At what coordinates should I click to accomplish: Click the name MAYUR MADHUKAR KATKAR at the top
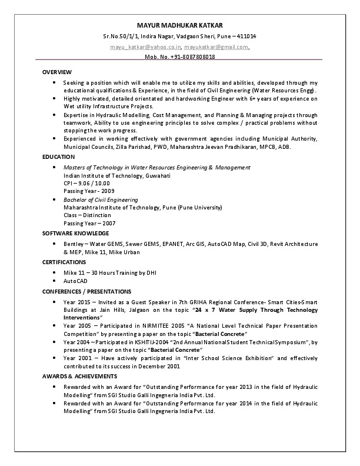click(x=180, y=26)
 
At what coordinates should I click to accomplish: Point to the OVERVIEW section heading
click(x=57, y=72)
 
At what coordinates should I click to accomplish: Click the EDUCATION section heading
click(x=58, y=157)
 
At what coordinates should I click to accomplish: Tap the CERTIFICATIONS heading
click(x=64, y=262)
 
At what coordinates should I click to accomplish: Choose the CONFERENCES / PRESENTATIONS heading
click(x=86, y=291)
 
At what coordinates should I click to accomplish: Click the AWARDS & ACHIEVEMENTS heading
click(x=79, y=376)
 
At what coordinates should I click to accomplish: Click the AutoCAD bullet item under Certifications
click(x=75, y=281)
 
